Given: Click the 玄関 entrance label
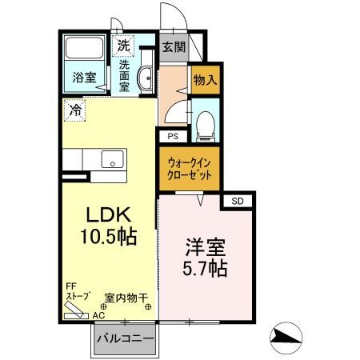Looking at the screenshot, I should click(x=174, y=46).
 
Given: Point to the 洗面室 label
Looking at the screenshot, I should click(x=125, y=75).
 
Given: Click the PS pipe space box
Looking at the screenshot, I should click(x=173, y=135).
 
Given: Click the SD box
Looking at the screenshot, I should click(x=238, y=200).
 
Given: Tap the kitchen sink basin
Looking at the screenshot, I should click(x=111, y=158).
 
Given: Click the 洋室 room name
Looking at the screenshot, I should click(x=203, y=246).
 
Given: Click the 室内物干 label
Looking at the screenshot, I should click(x=127, y=297).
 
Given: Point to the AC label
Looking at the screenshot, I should click(x=98, y=315).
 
